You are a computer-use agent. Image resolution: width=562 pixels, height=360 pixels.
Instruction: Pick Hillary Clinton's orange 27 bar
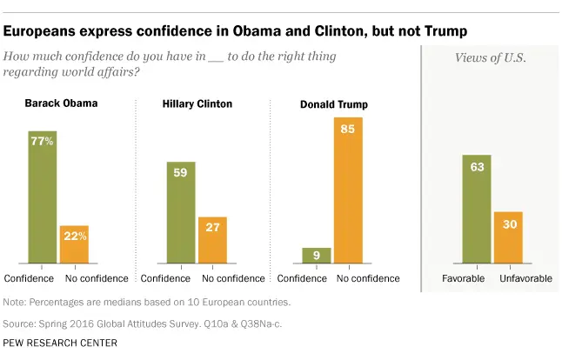pos(212,239)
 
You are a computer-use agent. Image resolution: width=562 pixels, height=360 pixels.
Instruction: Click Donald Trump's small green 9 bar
pos(317,254)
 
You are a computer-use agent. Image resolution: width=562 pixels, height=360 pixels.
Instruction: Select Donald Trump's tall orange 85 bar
pos(349,190)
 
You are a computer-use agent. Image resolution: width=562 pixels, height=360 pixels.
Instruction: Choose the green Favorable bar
pos(478,209)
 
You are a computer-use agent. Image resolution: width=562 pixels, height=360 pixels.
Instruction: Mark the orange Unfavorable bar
pos(508,237)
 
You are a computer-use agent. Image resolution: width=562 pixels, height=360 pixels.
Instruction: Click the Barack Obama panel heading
pos(60,103)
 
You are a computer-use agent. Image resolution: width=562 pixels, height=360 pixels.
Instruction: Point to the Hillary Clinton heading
pos(197,104)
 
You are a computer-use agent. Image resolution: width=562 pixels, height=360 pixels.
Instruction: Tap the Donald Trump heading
pos(334,104)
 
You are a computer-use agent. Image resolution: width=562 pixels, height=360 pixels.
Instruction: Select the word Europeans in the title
pos(40,31)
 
